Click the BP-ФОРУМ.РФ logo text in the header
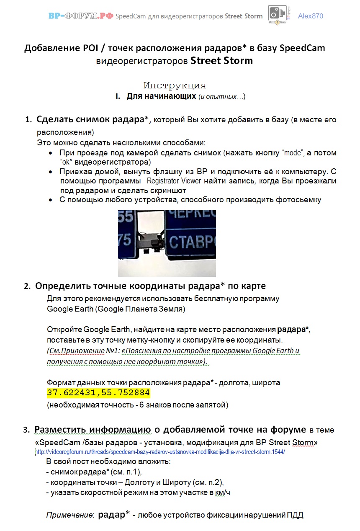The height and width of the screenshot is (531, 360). [x=80, y=16]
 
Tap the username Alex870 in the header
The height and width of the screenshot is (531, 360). [x=310, y=16]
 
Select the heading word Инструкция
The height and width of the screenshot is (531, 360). [x=175, y=86]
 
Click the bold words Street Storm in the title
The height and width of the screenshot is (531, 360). [x=221, y=61]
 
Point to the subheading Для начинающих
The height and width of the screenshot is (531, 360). [x=161, y=97]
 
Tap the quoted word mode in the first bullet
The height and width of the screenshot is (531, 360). [x=292, y=153]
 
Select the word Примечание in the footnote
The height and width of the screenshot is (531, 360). [x=69, y=515]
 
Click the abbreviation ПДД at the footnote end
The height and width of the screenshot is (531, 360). [x=295, y=515]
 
